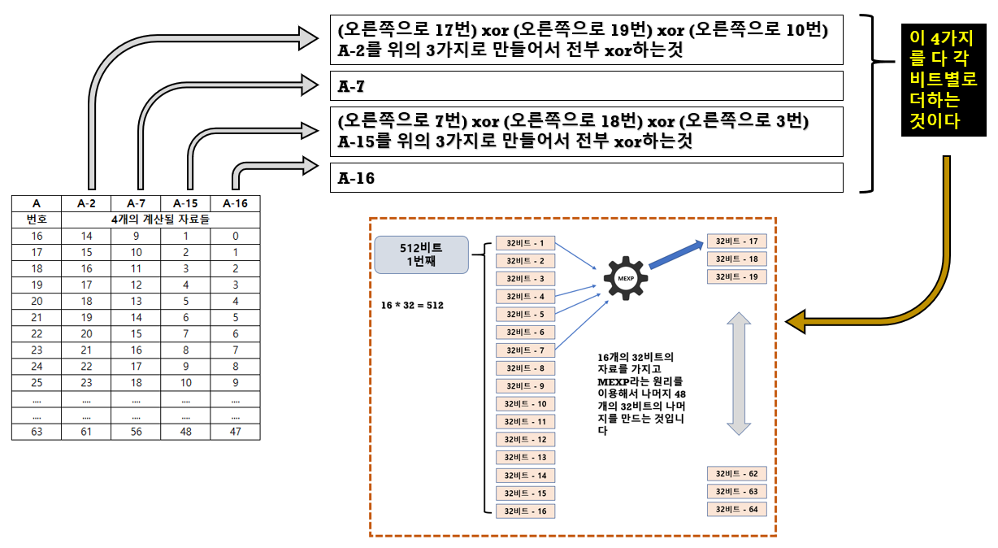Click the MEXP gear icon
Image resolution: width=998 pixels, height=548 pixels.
(626, 278)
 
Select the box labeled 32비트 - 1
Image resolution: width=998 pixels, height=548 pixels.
(525, 243)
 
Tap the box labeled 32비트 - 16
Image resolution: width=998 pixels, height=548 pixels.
(525, 511)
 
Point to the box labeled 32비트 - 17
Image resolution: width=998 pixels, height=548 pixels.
(736, 241)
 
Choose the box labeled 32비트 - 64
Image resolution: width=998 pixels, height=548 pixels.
(736, 509)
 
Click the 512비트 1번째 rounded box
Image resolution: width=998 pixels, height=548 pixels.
(421, 254)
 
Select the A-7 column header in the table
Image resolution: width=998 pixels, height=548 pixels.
(136, 203)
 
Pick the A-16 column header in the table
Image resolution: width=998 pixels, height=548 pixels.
(235, 203)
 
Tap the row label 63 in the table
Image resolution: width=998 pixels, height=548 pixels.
(37, 432)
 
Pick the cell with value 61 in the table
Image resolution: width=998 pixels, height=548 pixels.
(86, 432)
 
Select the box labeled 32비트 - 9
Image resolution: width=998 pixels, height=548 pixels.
(525, 386)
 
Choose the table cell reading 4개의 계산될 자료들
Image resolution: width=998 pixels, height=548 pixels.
(161, 220)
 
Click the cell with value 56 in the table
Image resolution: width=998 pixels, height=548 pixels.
(136, 432)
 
